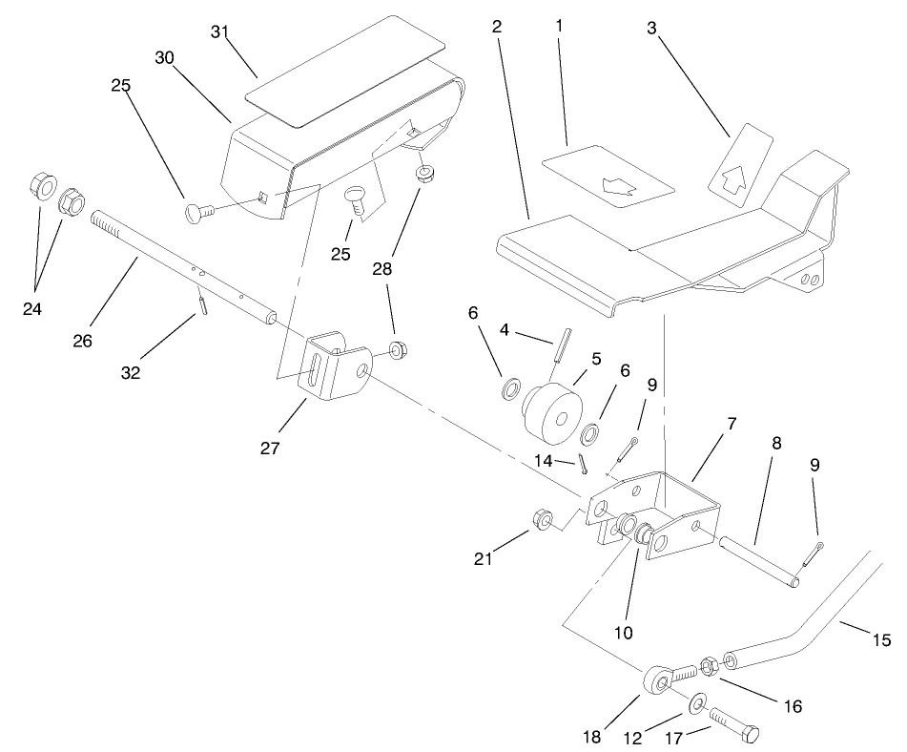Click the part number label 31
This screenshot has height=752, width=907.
[x=220, y=32]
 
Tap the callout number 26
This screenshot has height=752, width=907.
[x=83, y=340]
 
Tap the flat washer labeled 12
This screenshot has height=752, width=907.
[x=696, y=705]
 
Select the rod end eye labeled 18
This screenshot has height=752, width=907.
[x=657, y=681]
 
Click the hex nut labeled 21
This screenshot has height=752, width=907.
[x=539, y=519]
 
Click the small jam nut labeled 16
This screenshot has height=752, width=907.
[x=709, y=664]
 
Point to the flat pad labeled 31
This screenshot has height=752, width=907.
[x=345, y=72]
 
